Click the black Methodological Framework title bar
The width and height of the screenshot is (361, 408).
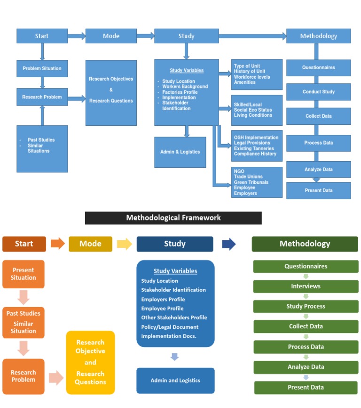coord(173,218)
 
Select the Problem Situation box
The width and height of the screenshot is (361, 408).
coord(42,68)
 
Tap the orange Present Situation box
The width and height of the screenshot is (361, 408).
coord(24,274)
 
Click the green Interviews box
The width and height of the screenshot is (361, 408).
coord(306,286)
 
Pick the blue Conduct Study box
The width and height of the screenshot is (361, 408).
coord(318,92)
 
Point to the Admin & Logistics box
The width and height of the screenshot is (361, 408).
coord(180,152)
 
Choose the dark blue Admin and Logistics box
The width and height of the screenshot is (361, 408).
coord(175,380)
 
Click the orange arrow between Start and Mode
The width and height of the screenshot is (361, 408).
coord(58,244)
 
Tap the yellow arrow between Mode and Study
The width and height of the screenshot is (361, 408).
coord(124,244)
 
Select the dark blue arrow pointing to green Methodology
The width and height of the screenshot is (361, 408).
coord(229,244)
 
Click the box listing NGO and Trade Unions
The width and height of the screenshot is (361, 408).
coord(257,182)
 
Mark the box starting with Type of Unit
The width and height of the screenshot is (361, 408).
coord(257,74)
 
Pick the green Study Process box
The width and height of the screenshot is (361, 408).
coord(306,306)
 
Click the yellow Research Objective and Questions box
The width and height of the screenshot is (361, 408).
coord(90,362)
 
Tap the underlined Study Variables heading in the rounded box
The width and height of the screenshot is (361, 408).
coord(175,271)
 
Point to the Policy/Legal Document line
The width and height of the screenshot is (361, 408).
coord(170,327)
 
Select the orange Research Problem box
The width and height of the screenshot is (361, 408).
coord(24,376)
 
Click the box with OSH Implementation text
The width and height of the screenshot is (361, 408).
coord(257,146)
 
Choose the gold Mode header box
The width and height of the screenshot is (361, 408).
coord(90,244)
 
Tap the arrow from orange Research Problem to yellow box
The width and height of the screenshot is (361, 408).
coord(56,377)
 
